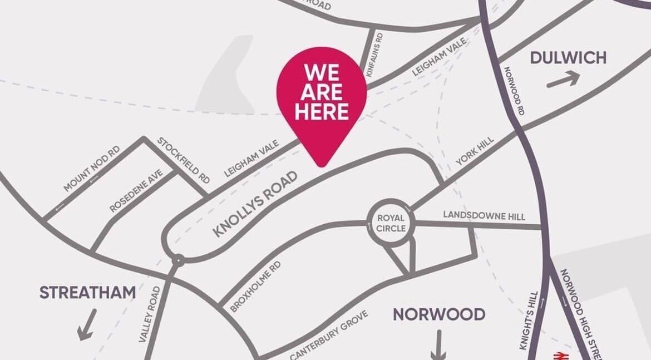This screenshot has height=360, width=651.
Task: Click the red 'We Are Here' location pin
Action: [322, 100]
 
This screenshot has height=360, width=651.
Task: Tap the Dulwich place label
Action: [568, 58]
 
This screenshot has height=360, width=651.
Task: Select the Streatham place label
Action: [87, 293]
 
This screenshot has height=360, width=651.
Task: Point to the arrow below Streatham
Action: [87, 324]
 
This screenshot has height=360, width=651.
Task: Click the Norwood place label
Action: [439, 314]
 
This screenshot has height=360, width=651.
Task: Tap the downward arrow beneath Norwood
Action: [438, 345]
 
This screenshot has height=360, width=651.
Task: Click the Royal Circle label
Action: [391, 223]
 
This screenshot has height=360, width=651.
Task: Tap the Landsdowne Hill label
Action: [484, 215]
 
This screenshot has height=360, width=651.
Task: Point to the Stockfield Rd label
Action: [184, 160]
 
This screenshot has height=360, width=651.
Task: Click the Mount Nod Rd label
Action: [91, 169]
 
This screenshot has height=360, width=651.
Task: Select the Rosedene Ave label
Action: [136, 191]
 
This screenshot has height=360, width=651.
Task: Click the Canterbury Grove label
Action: [329, 335]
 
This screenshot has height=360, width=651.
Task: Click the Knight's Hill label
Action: [529, 320]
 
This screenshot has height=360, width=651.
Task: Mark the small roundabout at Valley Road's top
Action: [177, 260]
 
